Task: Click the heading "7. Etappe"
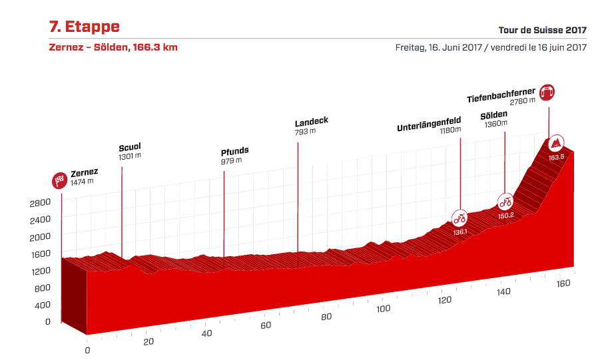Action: coord(84,27)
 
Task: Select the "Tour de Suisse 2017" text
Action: coord(542,31)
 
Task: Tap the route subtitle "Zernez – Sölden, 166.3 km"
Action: coord(113,47)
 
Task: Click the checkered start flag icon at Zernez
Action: coord(61,180)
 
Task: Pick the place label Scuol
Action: coord(130,147)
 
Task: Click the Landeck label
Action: coord(312,122)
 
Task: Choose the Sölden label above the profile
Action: coord(493,114)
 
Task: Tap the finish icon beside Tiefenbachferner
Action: coord(547,92)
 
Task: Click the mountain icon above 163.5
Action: coord(555,143)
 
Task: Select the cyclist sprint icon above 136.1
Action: coord(459,218)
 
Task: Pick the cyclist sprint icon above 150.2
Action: coord(505,202)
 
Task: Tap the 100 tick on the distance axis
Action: coord(382,309)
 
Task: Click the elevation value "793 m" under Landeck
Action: coord(305,131)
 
